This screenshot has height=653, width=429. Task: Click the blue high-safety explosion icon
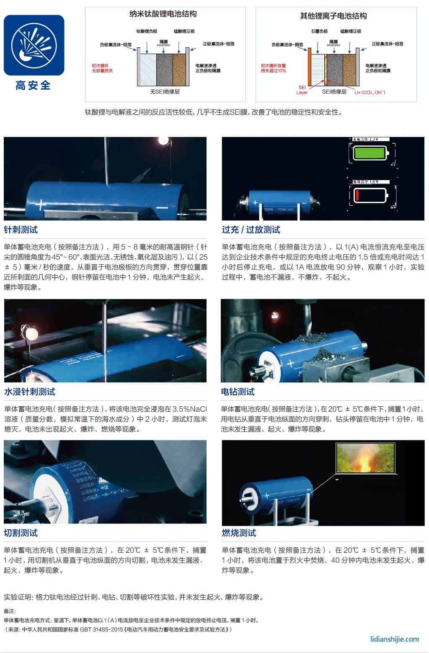[x=34, y=45]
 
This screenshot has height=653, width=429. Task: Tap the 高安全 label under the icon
[x=33, y=85]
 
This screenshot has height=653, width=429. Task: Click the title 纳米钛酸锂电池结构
[x=163, y=14]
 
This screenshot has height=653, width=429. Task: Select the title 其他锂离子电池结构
[x=333, y=16]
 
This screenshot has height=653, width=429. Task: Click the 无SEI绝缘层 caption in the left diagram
[x=165, y=92]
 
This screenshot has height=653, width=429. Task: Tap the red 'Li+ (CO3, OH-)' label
[x=370, y=92]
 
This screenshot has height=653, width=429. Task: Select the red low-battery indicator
[x=369, y=195]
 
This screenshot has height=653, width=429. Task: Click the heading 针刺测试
[x=21, y=230]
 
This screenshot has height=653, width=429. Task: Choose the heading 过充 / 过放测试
[x=251, y=230]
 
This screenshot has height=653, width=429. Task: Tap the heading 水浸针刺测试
[x=29, y=392]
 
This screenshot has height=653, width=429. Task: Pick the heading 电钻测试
[x=238, y=392]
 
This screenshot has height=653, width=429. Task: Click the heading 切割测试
[x=21, y=533]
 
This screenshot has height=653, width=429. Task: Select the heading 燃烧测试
[x=239, y=533]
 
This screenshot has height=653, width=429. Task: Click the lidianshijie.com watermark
[x=395, y=639]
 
